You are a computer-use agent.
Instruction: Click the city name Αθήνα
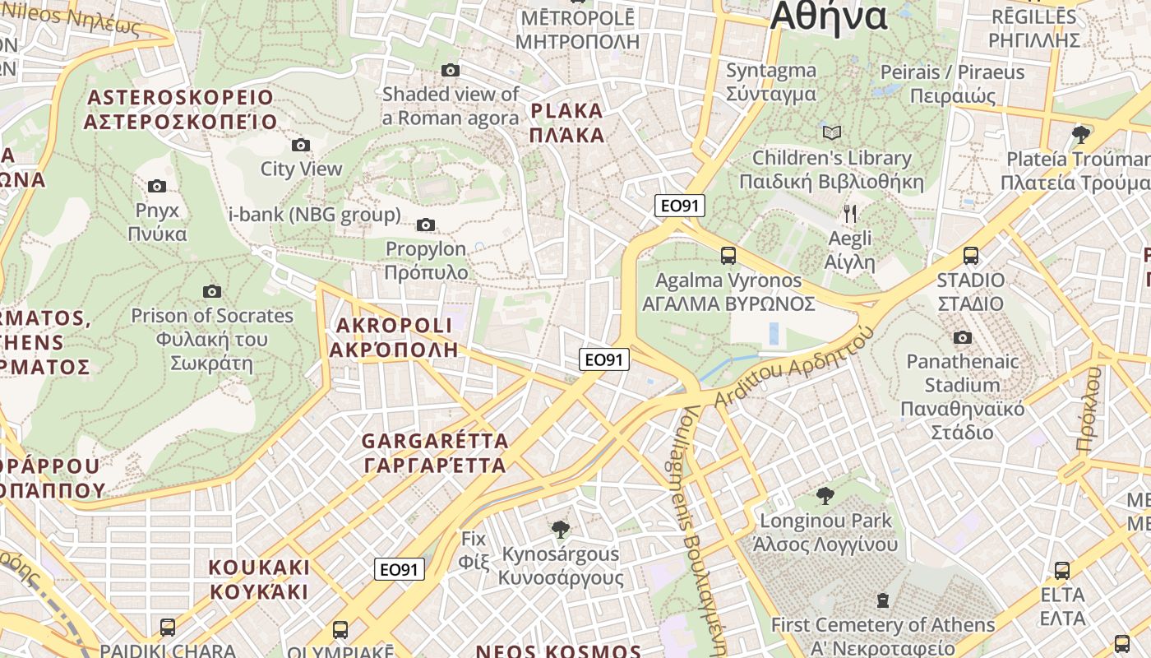click(829, 16)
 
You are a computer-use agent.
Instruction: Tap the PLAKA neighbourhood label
click(567, 123)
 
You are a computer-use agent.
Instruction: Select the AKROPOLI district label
click(394, 337)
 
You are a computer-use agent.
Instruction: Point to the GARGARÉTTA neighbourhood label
click(435, 453)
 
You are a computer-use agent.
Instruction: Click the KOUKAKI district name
click(259, 580)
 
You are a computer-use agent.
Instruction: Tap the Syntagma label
click(771, 81)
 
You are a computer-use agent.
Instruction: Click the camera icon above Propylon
click(426, 225)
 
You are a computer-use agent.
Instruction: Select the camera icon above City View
click(301, 145)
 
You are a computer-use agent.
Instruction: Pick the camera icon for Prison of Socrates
click(212, 291)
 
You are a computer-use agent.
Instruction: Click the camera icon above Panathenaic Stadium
click(963, 337)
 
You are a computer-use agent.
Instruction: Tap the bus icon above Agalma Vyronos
click(728, 256)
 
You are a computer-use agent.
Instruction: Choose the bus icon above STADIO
click(971, 256)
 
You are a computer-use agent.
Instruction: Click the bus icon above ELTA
click(1062, 570)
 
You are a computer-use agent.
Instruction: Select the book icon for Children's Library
click(832, 132)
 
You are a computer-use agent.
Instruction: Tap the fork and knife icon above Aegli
click(850, 214)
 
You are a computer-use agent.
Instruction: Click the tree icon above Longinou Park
click(825, 496)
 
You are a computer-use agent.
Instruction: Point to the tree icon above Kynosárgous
click(561, 529)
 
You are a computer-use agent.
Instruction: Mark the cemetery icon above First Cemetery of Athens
click(883, 600)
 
